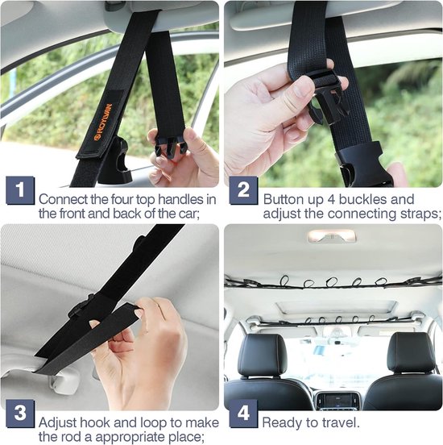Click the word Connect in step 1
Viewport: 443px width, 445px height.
pos(62,198)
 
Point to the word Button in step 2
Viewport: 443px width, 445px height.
pos(283,198)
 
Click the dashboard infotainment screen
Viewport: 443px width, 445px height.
pos(333,400)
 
